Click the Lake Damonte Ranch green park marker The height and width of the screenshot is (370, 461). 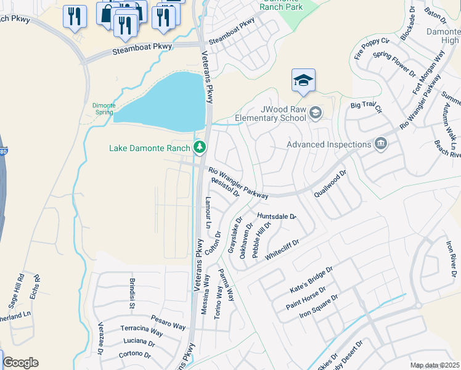(x=199, y=147)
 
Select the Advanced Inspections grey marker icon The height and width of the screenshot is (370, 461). (x=381, y=144)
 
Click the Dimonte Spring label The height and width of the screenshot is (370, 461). (x=104, y=109)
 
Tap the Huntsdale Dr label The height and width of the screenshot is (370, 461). (x=277, y=216)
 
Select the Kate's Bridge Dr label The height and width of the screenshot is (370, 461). (x=311, y=280)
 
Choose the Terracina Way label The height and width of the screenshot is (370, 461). (x=142, y=331)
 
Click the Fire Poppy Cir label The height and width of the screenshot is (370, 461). (x=372, y=48)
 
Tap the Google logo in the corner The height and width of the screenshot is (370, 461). (x=21, y=363)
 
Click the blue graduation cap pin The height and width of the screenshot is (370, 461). (x=303, y=81)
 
